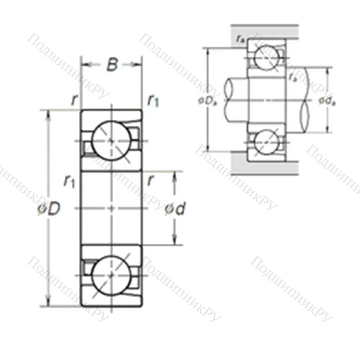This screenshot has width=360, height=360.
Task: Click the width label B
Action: [112, 65]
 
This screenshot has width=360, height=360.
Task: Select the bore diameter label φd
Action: [174, 209]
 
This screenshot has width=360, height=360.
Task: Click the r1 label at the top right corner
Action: [153, 101]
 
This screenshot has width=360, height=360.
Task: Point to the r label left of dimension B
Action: [74, 101]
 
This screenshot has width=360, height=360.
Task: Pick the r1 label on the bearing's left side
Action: [69, 180]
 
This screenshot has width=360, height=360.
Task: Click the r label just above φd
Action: [150, 180]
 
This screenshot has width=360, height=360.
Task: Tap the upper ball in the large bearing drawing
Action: [111, 140]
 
